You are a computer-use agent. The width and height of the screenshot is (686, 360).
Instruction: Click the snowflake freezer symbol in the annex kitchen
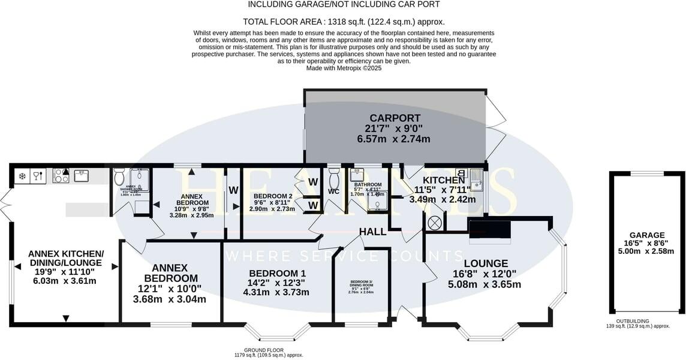[23, 176]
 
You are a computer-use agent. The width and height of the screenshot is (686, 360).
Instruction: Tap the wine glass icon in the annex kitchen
[38, 176]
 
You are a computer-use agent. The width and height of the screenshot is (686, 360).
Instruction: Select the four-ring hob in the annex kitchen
[61, 175]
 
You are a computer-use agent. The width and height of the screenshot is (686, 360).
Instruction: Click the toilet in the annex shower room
[119, 178]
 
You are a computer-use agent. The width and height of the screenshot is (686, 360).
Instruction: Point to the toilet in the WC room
[334, 179]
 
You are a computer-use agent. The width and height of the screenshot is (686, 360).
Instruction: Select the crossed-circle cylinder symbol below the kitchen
[435, 223]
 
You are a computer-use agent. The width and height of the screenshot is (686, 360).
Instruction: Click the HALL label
[372, 232]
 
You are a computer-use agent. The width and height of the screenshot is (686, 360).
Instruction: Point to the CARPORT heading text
[395, 118]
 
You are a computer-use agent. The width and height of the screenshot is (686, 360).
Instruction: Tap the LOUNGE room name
[486, 263]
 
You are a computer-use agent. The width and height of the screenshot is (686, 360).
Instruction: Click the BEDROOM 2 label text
[273, 196]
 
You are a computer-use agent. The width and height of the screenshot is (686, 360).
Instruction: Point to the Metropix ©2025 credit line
[344, 68]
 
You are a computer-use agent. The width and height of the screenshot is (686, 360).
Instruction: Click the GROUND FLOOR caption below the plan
[264, 350]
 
